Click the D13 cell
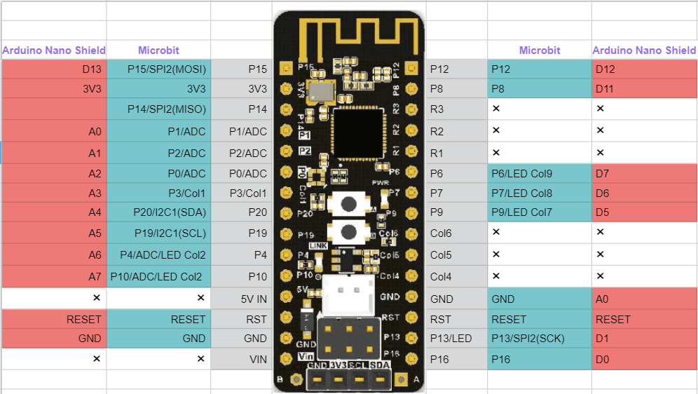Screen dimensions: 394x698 coord(54,69)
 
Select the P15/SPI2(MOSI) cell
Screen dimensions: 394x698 coord(158,69)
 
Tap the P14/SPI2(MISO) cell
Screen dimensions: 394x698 coord(158,109)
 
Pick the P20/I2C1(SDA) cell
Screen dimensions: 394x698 coord(158,212)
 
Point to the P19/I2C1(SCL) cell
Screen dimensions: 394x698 coord(158,233)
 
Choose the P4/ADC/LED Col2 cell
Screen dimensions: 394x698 coord(158,254)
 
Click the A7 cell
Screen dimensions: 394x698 coord(54,276)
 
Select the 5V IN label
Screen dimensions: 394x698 coord(242,299)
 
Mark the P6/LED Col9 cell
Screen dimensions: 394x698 coord(539,173)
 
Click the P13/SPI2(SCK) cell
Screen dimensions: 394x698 coord(539,339)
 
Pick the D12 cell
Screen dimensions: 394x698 coord(644,69)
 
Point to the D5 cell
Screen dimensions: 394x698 coord(644,212)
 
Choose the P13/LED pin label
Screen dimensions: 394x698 coord(456,339)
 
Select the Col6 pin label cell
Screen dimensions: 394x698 coord(456,233)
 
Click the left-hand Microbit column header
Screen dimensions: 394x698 coord(158,50)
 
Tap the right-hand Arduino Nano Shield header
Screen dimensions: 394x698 coord(644,50)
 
